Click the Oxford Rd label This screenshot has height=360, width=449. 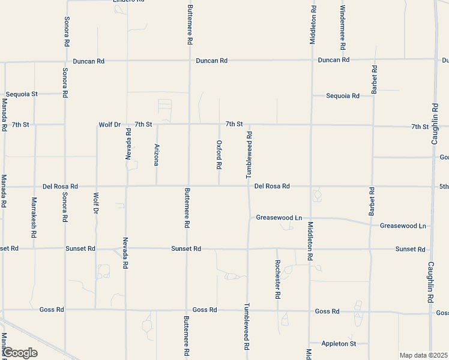(220, 155)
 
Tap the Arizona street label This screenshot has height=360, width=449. (157, 155)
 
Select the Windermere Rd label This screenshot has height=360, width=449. (342, 27)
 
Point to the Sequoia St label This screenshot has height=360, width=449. (22, 94)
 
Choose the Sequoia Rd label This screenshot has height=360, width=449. (343, 96)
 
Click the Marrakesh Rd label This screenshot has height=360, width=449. (34, 216)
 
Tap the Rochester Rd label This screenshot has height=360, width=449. (278, 280)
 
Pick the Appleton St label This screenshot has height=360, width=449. (339, 344)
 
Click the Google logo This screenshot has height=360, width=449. (20, 353)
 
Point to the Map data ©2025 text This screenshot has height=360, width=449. (424, 355)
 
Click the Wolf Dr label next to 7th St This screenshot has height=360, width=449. (109, 125)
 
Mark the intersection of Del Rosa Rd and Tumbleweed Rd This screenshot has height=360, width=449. (249, 186)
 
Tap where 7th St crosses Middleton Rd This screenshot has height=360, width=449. (312, 125)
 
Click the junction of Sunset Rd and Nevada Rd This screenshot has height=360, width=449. (126, 248)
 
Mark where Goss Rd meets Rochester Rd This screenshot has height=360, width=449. (277, 311)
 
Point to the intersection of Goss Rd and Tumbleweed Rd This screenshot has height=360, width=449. (247, 311)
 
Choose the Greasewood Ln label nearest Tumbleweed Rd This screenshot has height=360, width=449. (279, 218)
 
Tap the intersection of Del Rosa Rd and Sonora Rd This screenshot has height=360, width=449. (65, 187)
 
